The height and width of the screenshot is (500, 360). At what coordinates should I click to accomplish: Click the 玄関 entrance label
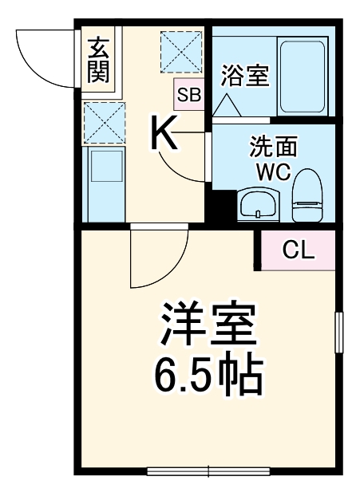(99, 60)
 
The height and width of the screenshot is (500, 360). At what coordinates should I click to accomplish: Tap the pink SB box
(189, 95)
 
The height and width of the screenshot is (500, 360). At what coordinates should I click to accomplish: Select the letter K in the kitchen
(165, 133)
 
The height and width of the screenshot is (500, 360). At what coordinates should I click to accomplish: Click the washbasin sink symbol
(259, 205)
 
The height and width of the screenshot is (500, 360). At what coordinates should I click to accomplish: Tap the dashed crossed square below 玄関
(103, 120)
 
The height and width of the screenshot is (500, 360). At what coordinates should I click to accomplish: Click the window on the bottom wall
(208, 470)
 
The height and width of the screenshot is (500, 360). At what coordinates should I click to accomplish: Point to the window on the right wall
(338, 333)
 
